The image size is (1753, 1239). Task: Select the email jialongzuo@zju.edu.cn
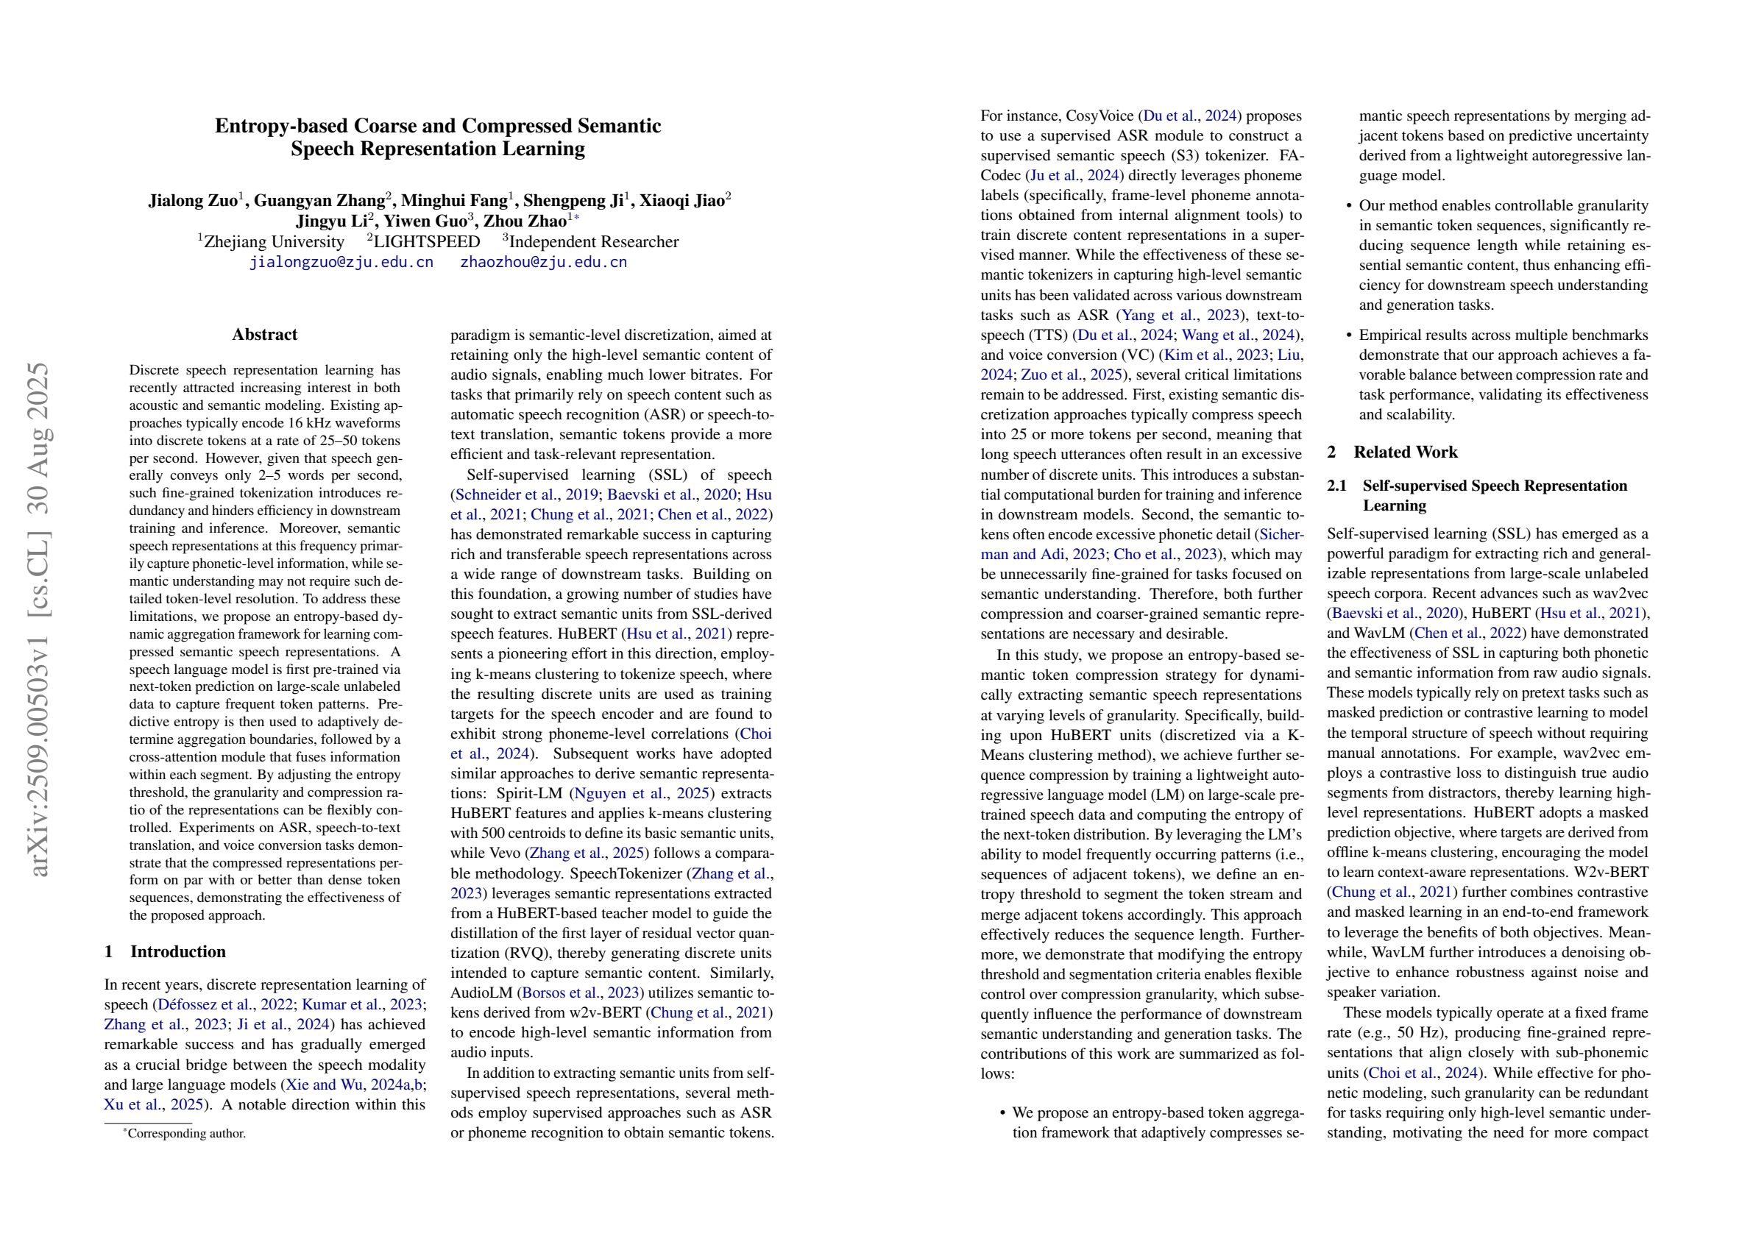[341, 263]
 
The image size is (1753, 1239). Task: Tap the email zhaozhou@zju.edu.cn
[543, 263]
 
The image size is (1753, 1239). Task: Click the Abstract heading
[265, 334]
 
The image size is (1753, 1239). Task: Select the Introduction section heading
[178, 951]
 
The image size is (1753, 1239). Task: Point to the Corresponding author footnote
[186, 1134]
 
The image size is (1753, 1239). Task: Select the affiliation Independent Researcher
[593, 242]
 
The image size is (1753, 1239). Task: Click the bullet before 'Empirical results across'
[1349, 335]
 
